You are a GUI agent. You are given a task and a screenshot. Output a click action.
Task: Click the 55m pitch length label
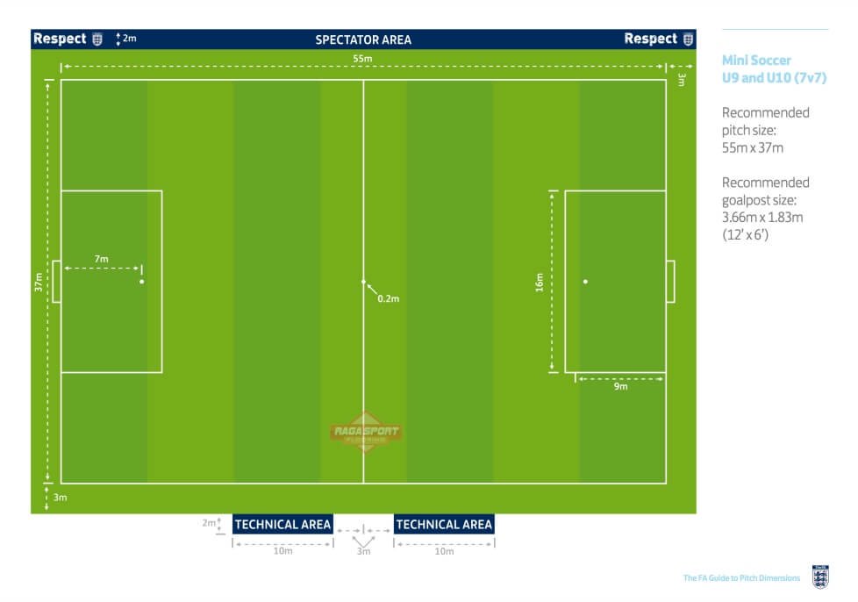(362, 59)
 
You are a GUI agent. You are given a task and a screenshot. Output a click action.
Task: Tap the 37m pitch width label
(39, 282)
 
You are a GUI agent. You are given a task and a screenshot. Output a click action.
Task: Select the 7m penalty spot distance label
(101, 259)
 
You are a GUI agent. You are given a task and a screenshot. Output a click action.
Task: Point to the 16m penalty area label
(540, 283)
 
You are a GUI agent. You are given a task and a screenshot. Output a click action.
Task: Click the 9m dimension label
(620, 386)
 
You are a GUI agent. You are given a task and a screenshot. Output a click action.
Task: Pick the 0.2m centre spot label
(389, 299)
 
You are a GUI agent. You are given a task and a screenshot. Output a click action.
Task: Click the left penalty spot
(142, 282)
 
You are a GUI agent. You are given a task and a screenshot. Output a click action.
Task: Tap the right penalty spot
(585, 282)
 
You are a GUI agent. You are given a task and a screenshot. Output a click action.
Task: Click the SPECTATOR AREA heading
(363, 40)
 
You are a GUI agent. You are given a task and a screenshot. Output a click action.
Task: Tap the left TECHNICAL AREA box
(282, 524)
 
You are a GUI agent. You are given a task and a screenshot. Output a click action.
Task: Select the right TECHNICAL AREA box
(444, 524)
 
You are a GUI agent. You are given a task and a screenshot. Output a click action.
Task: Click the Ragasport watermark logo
(366, 432)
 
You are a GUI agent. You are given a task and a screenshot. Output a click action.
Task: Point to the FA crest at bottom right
(820, 577)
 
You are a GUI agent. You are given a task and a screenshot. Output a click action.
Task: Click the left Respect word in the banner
(60, 39)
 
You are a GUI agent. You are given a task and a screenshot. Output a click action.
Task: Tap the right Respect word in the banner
(651, 39)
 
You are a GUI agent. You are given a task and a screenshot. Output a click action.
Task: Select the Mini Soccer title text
(756, 61)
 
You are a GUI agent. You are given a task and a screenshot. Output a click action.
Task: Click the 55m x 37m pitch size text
(753, 147)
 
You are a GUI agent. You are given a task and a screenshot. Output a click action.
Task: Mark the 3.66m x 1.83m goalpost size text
(762, 218)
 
